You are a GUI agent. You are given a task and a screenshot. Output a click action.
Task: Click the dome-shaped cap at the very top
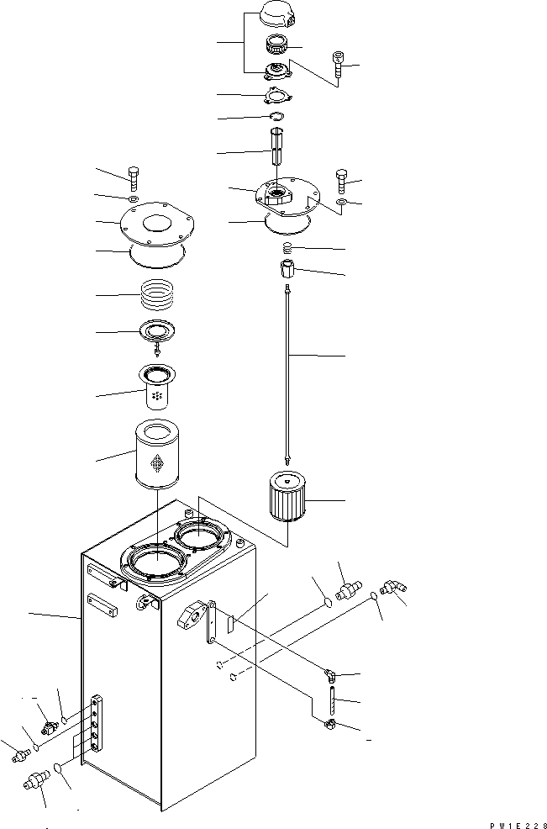[278, 13]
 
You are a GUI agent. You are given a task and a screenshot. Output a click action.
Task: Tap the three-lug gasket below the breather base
[278, 96]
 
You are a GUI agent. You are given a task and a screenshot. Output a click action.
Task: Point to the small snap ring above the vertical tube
[277, 116]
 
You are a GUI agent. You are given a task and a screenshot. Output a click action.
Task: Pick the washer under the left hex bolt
[134, 199]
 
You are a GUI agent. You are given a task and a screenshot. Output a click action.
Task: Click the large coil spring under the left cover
[157, 295]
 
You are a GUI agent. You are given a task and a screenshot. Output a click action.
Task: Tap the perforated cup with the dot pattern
[156, 387]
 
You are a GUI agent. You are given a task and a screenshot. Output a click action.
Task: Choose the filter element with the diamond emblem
[157, 454]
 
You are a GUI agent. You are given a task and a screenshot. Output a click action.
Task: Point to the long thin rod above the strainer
[288, 375]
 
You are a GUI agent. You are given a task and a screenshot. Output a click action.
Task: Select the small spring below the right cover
[287, 247]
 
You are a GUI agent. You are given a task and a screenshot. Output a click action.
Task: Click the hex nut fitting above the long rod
[288, 268]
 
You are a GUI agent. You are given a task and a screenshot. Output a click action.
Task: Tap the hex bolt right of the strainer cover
[341, 182]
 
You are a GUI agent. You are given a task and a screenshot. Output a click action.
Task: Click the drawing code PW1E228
[518, 825]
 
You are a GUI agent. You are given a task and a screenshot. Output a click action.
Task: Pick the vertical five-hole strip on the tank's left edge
[96, 724]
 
